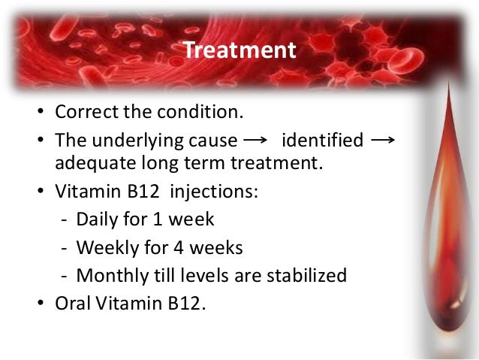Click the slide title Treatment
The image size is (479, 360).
pyautogui.click(x=239, y=50)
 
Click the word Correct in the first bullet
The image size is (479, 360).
pyautogui.click(x=86, y=112)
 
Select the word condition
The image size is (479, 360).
pyautogui.click(x=200, y=111)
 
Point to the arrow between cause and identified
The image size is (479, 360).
pyautogui.click(x=255, y=141)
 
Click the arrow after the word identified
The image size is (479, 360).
pyautogui.click(x=383, y=141)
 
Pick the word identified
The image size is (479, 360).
pyautogui.click(x=323, y=140)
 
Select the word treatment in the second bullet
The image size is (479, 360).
pyautogui.click(x=277, y=163)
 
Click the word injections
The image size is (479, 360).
pyautogui.click(x=214, y=192)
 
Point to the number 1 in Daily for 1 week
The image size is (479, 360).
pyautogui.click(x=157, y=219)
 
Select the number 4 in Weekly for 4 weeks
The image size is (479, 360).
pyautogui.click(x=179, y=248)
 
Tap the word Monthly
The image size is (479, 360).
pyautogui.click(x=113, y=276)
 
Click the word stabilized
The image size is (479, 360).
pyautogui.click(x=307, y=275)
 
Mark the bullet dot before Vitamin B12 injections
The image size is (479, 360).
pyautogui.click(x=41, y=191)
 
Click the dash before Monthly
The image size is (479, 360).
pyautogui.click(x=64, y=277)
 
